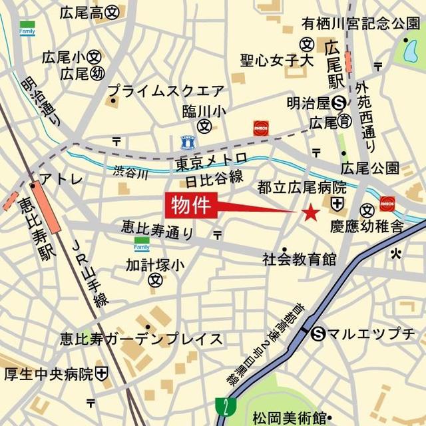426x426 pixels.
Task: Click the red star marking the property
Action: point(310,213)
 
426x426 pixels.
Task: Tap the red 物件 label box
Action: point(190,205)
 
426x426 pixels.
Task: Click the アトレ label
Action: point(61,179)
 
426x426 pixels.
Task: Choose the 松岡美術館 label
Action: point(287,417)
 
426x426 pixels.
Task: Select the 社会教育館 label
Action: point(299,258)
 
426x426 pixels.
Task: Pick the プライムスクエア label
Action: point(166,90)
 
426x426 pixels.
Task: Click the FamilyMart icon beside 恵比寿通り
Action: point(142,244)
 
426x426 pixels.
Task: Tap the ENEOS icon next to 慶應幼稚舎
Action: point(387,203)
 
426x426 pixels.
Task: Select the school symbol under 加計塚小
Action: point(155,281)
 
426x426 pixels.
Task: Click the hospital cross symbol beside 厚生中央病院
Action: point(102,374)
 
